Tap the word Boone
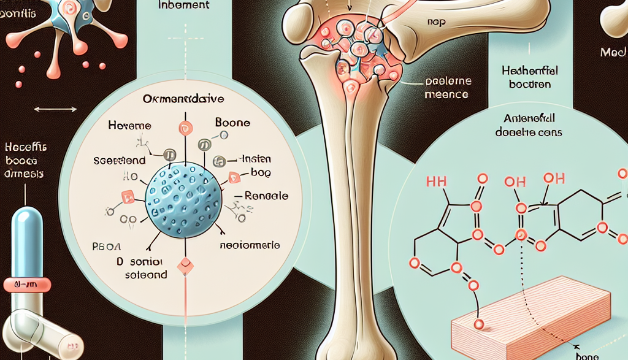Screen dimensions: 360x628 tap(233, 123)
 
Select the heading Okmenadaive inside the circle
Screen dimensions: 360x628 tap(183, 98)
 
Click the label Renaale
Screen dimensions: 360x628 tap(266, 197)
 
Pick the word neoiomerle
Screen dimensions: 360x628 tap(250, 244)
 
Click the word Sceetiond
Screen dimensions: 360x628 tap(120, 160)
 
